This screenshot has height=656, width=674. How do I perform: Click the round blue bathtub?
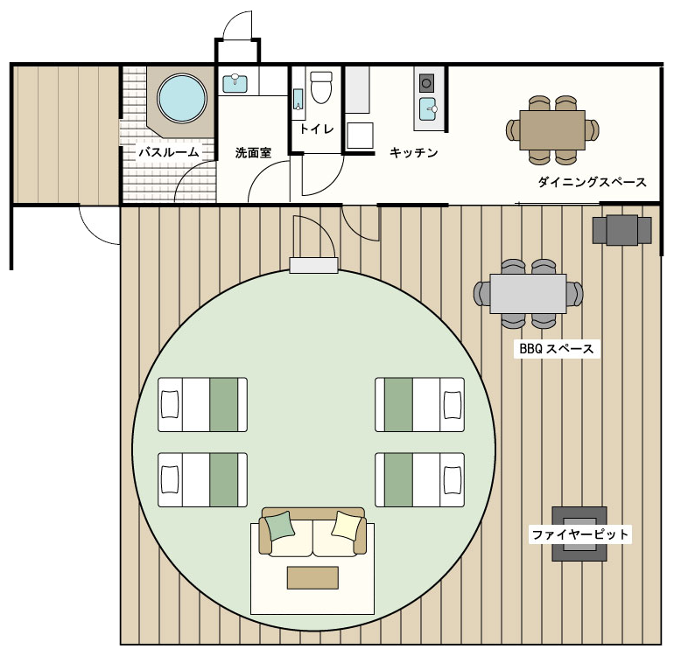coord(182,98)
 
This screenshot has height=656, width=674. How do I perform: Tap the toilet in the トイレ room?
coord(321,87)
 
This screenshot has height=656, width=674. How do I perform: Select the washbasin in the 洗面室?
coord(235,84)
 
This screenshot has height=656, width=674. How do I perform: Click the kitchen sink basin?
coord(428,109)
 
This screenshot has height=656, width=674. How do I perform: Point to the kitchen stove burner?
coord(426,83)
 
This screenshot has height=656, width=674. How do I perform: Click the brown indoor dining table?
coord(552,129)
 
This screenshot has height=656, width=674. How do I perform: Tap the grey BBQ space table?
coord(528,294)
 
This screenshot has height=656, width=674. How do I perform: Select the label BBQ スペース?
coord(556,349)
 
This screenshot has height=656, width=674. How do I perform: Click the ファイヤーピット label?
coord(579,534)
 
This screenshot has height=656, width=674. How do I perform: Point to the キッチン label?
coord(413,152)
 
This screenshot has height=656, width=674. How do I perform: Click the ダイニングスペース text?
coord(592,182)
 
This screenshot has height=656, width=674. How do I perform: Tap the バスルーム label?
coord(169,152)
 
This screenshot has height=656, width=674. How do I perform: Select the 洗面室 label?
coord(253,153)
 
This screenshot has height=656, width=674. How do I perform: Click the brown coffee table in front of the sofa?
coord(312,577)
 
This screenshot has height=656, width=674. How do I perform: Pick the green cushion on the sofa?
coord(280,526)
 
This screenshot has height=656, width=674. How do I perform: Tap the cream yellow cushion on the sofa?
coord(347,526)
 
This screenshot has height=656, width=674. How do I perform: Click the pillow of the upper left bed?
coord(170,404)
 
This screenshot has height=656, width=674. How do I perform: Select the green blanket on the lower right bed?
coord(398,479)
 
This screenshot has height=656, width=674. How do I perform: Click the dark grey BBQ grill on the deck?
coord(621,230)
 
